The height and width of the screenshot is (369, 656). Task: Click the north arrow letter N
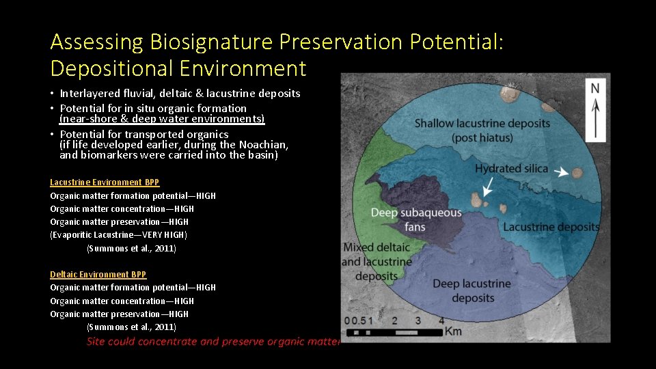coord(595,88)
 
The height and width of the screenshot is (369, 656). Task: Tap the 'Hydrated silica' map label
coord(512,169)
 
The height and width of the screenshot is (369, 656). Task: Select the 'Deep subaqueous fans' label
coord(415,220)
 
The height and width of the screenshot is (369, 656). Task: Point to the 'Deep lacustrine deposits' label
coord(471,290)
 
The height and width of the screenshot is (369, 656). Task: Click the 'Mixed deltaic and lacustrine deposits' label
coord(377,262)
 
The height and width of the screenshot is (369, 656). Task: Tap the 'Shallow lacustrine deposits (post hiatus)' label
coord(482,131)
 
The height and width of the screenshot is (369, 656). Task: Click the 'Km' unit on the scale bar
coord(453,331)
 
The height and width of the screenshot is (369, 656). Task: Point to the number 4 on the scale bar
coord(441,320)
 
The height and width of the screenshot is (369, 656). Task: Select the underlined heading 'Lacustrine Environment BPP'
coord(105,182)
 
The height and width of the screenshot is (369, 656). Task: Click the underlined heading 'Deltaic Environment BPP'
coord(98,275)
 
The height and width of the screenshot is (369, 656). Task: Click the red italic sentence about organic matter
coord(213,342)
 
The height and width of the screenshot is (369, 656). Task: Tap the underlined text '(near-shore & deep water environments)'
coord(162,119)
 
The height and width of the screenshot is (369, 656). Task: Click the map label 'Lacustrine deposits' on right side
coord(551,227)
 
